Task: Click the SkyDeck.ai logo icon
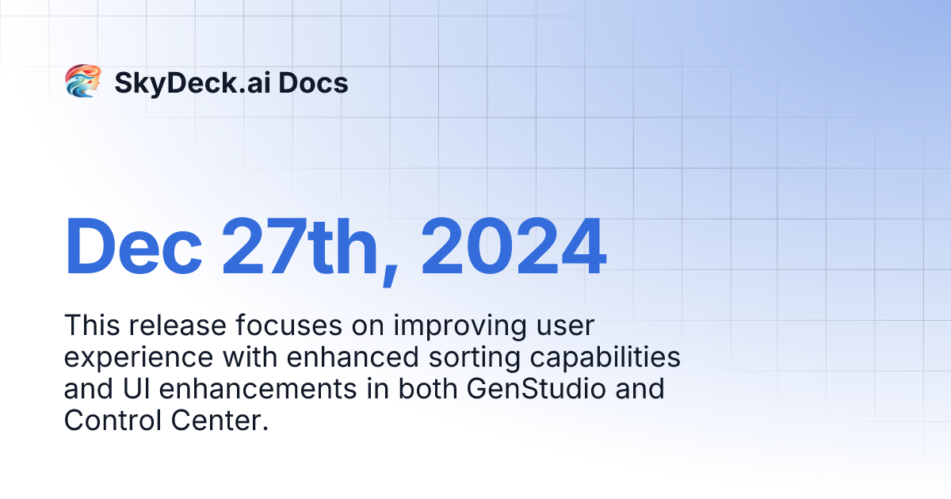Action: pos(82,82)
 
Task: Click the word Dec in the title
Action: pos(132,247)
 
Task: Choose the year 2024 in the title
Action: pos(514,247)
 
